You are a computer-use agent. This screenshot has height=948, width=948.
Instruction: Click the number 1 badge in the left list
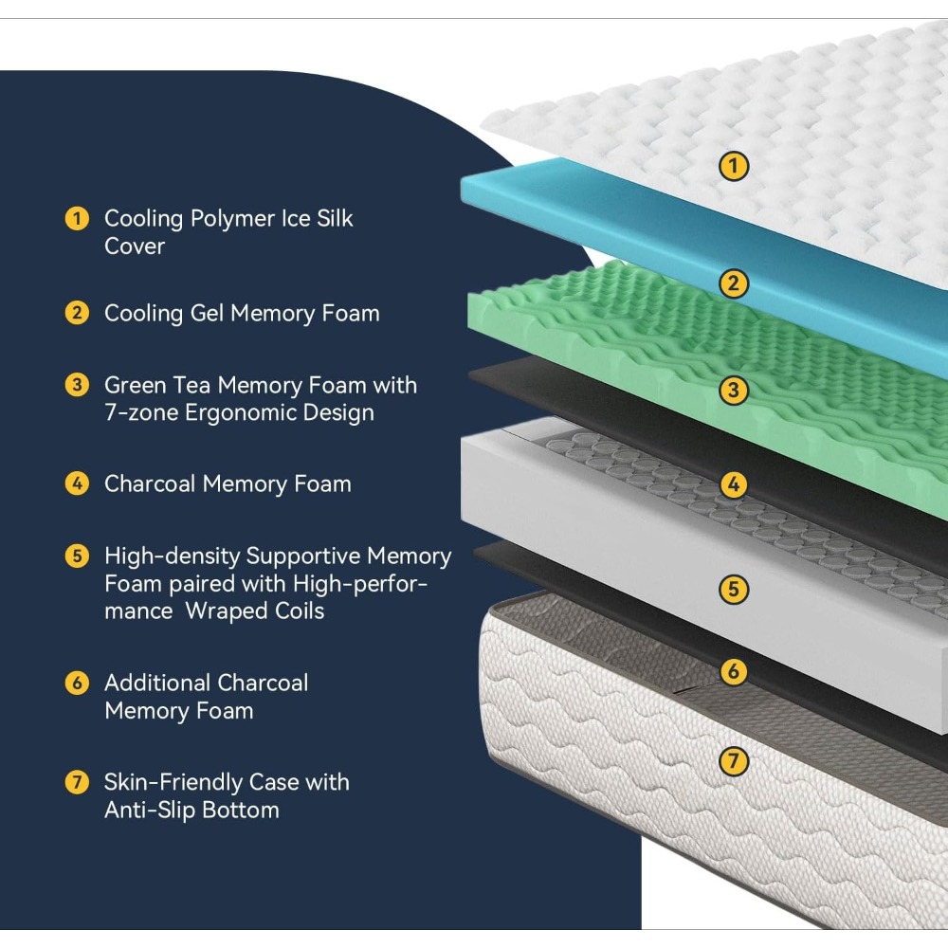[x=77, y=218]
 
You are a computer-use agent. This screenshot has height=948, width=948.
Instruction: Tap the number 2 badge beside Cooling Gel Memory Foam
[x=77, y=313]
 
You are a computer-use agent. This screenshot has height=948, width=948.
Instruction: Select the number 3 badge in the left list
[x=77, y=385]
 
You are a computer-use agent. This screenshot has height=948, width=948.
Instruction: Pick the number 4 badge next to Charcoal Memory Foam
[x=77, y=483]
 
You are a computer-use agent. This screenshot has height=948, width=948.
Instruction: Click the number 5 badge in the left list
[x=77, y=556]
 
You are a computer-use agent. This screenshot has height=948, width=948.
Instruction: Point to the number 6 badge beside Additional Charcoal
[x=77, y=683]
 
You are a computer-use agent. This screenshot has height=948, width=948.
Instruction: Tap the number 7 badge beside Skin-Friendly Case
[x=77, y=782]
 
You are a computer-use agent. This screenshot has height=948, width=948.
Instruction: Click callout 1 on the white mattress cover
[x=734, y=166]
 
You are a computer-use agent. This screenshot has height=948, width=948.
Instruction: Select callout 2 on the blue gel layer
[x=734, y=283]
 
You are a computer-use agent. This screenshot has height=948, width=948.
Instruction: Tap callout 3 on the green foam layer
[x=734, y=390]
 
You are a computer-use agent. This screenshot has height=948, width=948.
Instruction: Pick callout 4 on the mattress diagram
[x=734, y=484]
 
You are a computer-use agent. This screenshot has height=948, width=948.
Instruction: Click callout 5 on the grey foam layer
[x=734, y=589]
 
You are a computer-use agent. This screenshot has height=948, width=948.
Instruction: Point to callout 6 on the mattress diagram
[x=734, y=671]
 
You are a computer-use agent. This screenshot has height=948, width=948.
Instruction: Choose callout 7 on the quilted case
[x=734, y=761]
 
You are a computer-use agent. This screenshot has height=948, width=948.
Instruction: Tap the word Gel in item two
[x=207, y=313]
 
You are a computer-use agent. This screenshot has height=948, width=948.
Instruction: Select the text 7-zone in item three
[x=141, y=412]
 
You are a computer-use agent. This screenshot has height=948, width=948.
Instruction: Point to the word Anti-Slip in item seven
[x=140, y=811]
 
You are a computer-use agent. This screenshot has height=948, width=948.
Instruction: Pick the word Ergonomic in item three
[x=240, y=413]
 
